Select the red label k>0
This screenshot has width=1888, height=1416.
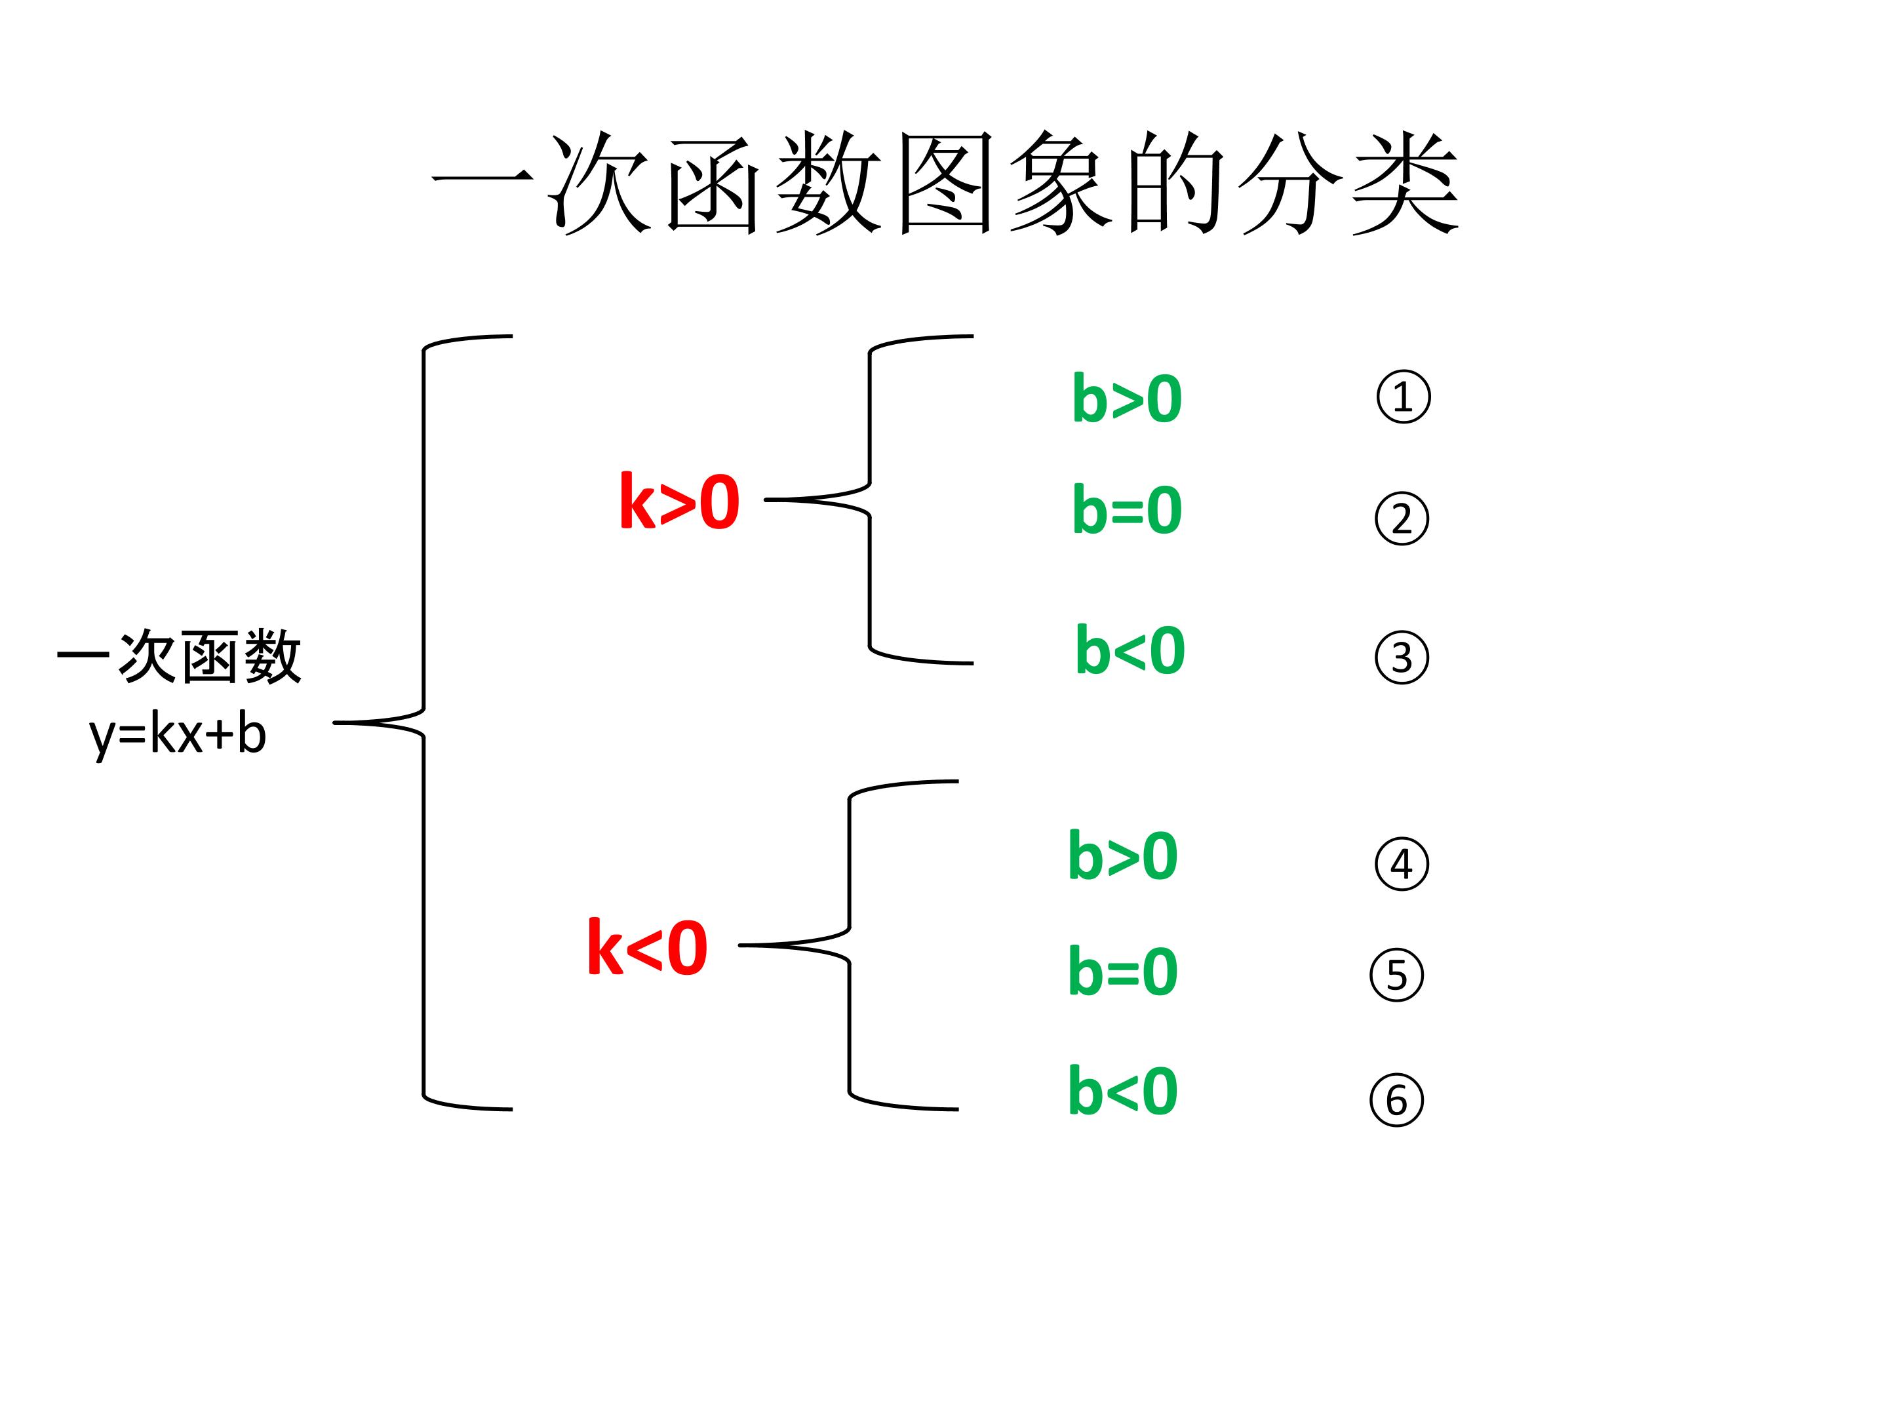click(x=678, y=503)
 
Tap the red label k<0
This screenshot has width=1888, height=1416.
click(x=647, y=947)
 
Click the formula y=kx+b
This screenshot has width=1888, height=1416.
click(x=178, y=734)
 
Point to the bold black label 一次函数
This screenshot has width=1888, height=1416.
click(x=179, y=658)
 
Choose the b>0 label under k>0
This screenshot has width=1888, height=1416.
click(x=1127, y=399)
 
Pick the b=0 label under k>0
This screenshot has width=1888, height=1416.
click(x=1127, y=511)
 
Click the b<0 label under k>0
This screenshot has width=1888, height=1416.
click(x=1130, y=651)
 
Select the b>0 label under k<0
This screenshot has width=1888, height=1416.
click(x=1122, y=856)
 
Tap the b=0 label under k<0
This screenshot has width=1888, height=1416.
click(x=1122, y=972)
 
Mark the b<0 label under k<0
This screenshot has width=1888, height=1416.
click(x=1122, y=1091)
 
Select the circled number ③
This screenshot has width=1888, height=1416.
click(x=1402, y=658)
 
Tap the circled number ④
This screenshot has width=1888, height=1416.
click(x=1402, y=865)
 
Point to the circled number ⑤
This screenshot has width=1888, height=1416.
click(x=1396, y=975)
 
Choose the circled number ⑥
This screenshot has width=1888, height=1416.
click(x=1396, y=1100)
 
